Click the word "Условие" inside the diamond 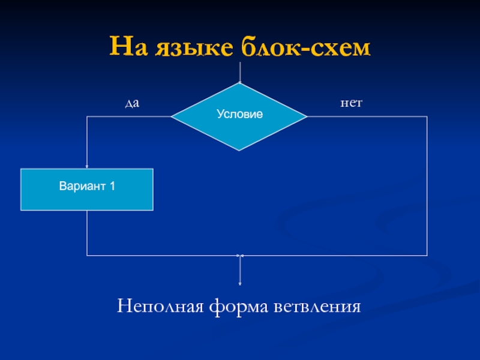(x=240, y=114)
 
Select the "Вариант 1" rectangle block (x=87, y=190)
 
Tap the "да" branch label (x=131, y=104)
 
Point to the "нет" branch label (x=351, y=104)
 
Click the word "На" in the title (x=127, y=46)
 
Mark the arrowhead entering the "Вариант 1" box (x=87, y=167)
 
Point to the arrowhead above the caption (x=240, y=283)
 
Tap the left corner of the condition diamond (x=172, y=116)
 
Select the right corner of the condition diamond (x=307, y=116)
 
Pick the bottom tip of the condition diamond (x=240, y=150)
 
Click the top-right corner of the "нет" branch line (x=427, y=116)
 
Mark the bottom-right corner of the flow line (x=427, y=256)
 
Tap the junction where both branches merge (x=240, y=256)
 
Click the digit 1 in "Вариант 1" (x=112, y=186)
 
